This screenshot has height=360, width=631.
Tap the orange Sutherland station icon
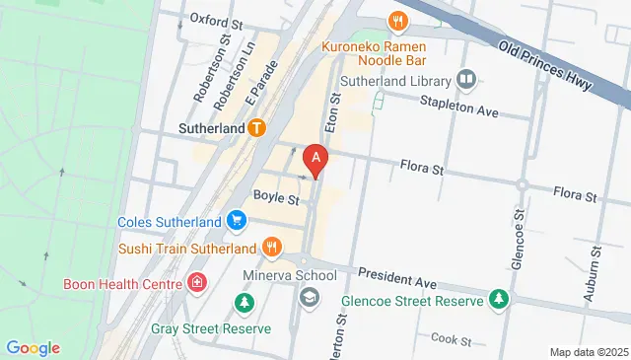click(257, 128)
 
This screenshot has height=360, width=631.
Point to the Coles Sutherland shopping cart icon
click(236, 221)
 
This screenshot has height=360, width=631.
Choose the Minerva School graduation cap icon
click(310, 296)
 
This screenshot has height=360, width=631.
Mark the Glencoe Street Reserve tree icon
click(499, 301)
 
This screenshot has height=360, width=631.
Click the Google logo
click(33, 347)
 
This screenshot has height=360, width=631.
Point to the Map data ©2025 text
click(588, 352)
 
